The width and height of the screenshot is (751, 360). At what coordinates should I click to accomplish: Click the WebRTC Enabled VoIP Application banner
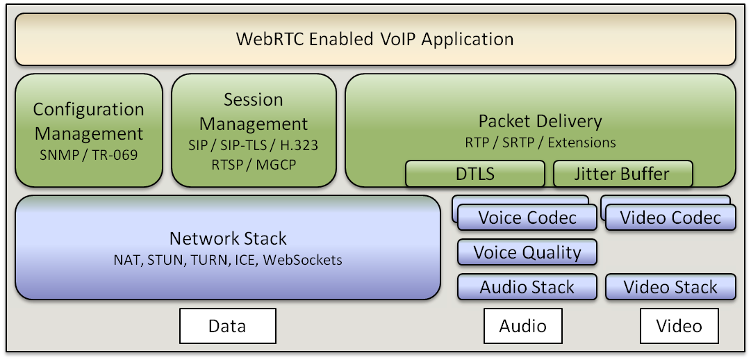coord(375,39)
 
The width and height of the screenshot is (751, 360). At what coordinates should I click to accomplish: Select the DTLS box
coord(474,174)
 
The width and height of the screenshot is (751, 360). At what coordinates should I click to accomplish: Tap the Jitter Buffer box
coord(622,174)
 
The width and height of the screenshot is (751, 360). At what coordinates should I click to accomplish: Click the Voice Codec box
coord(527,218)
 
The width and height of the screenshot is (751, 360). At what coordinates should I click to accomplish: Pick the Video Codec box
coord(670,218)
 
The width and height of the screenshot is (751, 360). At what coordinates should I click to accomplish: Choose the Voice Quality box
coord(527,252)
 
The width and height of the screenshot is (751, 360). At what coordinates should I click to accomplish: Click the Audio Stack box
coord(527,287)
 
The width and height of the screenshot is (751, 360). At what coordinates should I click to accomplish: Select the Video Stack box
coord(670,287)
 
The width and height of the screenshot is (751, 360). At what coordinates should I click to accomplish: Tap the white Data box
coord(227,326)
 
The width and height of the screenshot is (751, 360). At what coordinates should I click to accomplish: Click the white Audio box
coord(523,326)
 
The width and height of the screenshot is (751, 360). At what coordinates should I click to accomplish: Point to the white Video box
coord(679,326)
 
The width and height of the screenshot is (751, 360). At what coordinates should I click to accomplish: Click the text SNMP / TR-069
coord(89,155)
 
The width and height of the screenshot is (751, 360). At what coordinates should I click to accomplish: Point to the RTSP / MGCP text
coord(254,165)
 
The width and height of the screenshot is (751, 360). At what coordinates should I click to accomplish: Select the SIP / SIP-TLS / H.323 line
coord(254,145)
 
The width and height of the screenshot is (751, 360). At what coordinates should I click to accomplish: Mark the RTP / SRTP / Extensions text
coord(540,142)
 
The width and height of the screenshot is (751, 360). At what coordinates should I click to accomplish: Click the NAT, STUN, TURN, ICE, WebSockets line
coord(228,260)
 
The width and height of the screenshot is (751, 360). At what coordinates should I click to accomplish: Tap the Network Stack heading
coord(228,238)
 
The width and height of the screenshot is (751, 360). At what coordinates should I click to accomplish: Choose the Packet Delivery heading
coord(540,122)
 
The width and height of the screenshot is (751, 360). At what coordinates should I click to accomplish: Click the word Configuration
coord(89,110)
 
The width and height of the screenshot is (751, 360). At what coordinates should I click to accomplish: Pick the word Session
coord(254,99)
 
